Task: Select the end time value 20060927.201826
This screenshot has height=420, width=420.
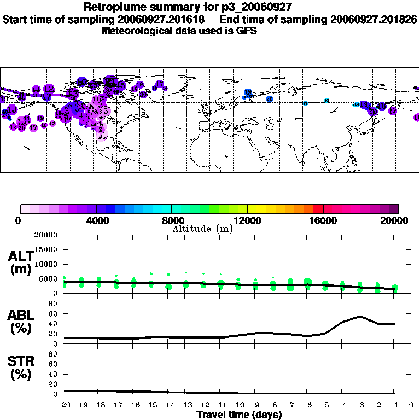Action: [374, 19]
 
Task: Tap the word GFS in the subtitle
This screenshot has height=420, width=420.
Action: [246, 31]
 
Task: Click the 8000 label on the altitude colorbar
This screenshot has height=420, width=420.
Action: [172, 220]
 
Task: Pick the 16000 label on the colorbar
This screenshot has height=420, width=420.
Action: [323, 220]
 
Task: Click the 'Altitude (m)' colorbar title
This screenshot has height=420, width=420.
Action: [202, 229]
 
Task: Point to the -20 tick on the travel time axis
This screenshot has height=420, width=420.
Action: [64, 405]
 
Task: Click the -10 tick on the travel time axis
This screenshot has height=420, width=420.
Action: [237, 405]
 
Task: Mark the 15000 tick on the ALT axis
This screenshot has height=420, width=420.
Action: [47, 249]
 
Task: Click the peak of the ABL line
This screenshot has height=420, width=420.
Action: [360, 316]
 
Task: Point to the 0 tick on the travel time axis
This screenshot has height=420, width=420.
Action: [411, 405]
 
